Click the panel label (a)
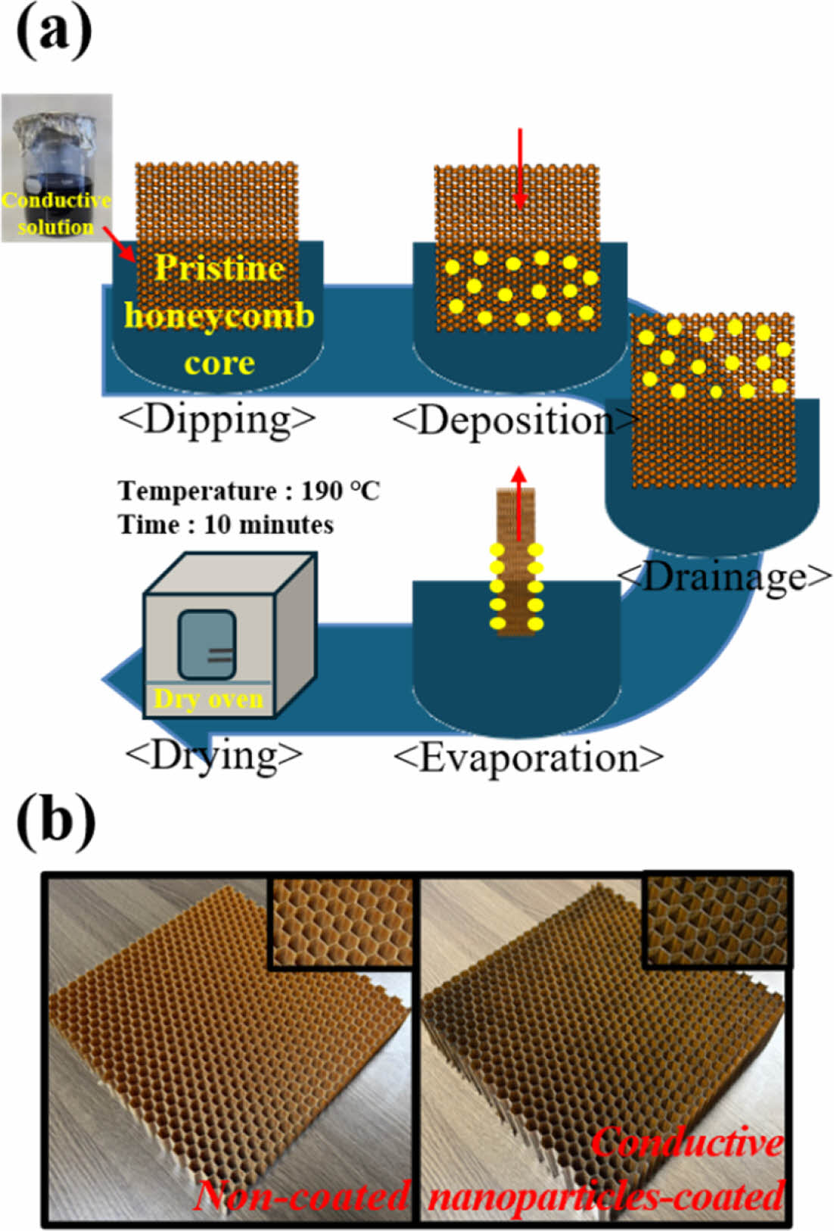[x=54, y=32]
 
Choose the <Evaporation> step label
[x=528, y=758]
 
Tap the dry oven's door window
[x=207, y=644]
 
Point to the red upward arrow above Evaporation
[x=518, y=503]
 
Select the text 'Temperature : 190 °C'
[x=249, y=491]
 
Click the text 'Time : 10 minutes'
[x=226, y=525]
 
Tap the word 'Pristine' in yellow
[x=219, y=268]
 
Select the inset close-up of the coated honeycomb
[x=716, y=919]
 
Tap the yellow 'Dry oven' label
[x=208, y=698]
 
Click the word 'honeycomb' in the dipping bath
[x=219, y=315]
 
